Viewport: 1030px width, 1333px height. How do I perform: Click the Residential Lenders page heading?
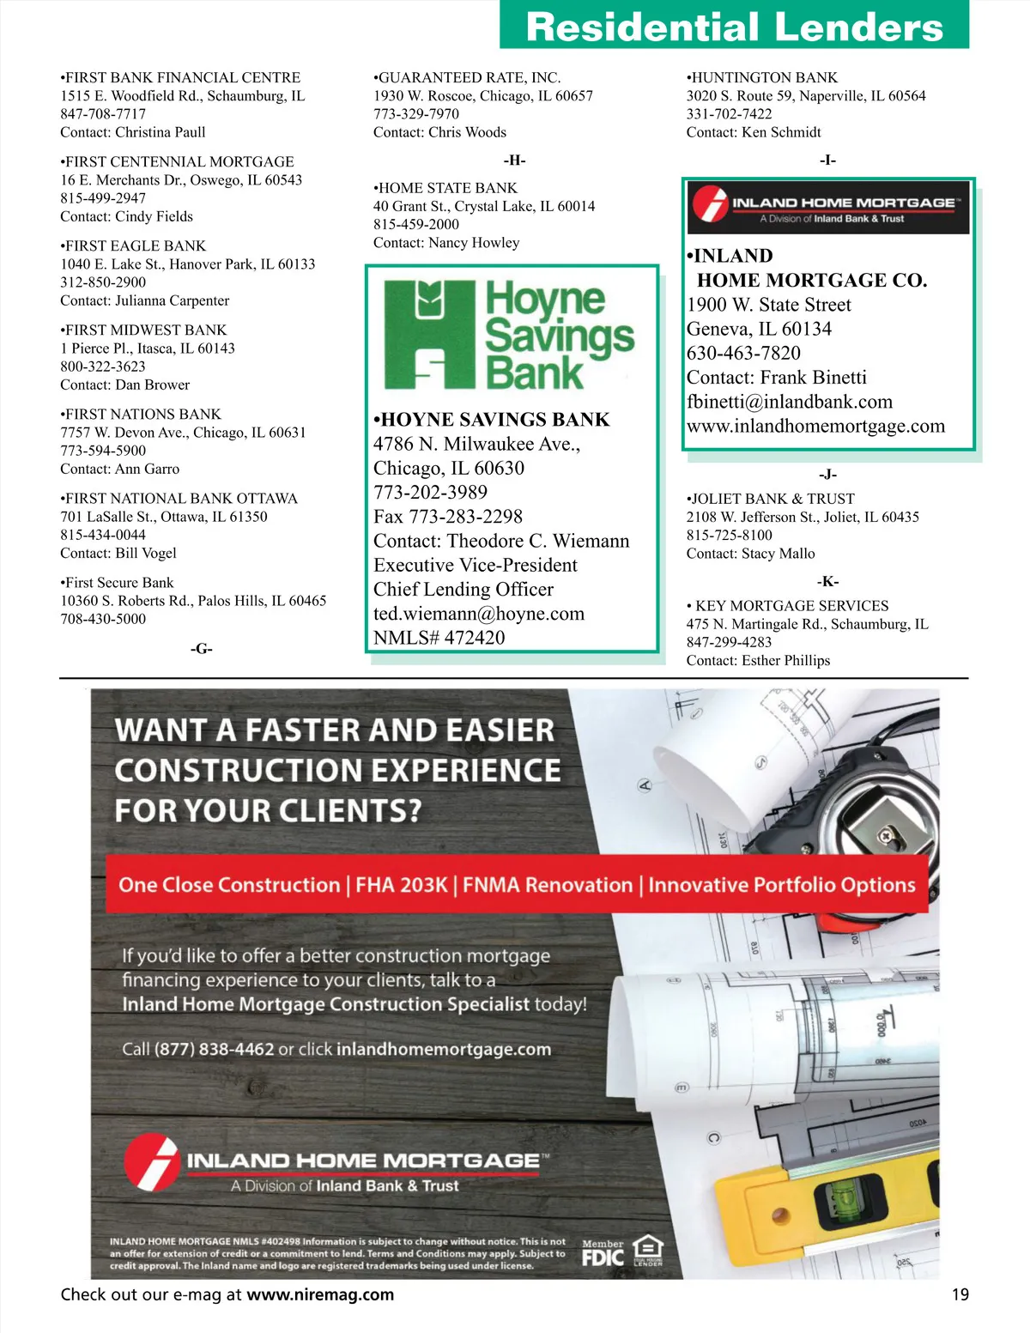(734, 27)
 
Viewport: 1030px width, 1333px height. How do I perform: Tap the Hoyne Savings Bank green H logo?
(428, 335)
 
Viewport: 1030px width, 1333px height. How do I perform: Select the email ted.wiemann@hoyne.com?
(479, 614)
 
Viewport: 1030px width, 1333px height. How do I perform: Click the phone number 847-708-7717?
(103, 114)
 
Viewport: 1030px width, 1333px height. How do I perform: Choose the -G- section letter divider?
(201, 649)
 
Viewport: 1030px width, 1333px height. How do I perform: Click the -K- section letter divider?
(827, 581)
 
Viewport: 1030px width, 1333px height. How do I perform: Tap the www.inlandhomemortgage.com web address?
(815, 427)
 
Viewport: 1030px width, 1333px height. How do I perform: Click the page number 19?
(960, 1294)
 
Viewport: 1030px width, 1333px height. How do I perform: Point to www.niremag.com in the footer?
(320, 1294)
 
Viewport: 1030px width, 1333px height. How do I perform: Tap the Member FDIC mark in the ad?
(603, 1253)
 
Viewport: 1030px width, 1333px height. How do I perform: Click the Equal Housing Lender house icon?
(648, 1250)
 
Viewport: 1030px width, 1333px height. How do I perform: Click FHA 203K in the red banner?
(402, 885)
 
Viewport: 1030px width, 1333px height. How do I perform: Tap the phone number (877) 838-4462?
(214, 1049)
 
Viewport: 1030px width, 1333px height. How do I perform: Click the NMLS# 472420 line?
(439, 638)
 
